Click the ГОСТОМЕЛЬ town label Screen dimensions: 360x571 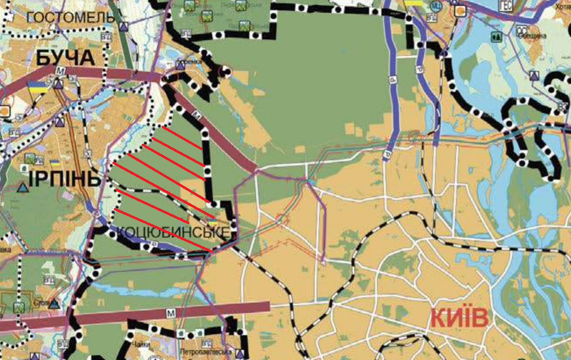tap(71, 18)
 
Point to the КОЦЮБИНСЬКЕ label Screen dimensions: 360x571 tap(173, 232)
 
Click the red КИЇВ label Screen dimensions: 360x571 tap(459, 319)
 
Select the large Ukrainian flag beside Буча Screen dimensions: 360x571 tap(37, 87)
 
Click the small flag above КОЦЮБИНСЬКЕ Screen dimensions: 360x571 tap(212, 222)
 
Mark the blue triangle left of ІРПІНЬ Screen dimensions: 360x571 tap(22, 187)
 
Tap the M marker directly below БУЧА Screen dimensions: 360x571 tap(60, 72)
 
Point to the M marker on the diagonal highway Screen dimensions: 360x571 tap(197, 115)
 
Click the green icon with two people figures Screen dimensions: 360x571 tap(496, 36)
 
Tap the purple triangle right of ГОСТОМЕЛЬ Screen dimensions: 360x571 tap(126, 27)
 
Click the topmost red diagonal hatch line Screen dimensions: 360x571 tap(182, 138)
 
